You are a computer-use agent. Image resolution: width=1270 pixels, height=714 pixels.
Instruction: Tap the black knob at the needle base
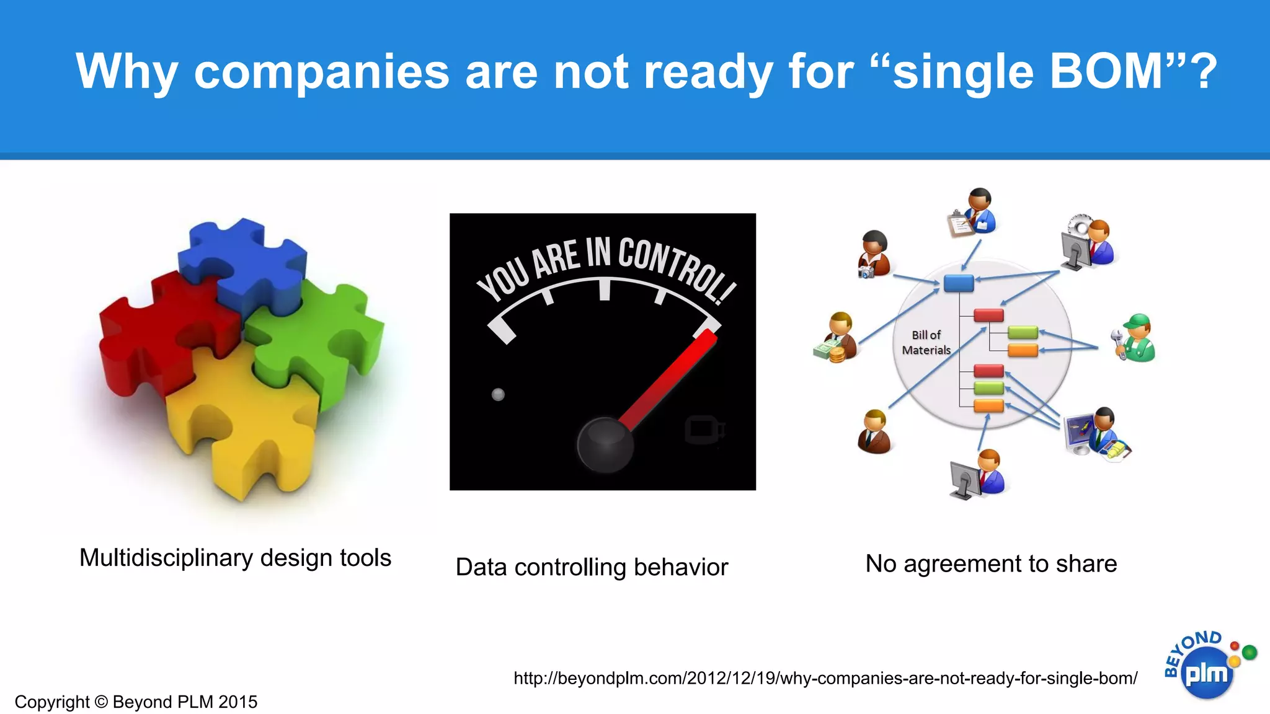click(x=605, y=445)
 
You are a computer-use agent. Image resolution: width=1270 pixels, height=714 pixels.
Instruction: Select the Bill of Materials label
click(x=926, y=343)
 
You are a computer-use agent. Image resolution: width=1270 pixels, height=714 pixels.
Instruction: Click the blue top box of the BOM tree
click(x=958, y=283)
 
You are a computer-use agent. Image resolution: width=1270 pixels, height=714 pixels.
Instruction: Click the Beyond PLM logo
click(x=1206, y=666)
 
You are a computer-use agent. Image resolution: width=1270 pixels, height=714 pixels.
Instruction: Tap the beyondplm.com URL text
click(x=825, y=678)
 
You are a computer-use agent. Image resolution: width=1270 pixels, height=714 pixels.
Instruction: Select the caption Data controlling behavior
click(x=592, y=567)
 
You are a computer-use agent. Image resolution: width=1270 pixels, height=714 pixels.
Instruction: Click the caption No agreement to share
click(x=991, y=564)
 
